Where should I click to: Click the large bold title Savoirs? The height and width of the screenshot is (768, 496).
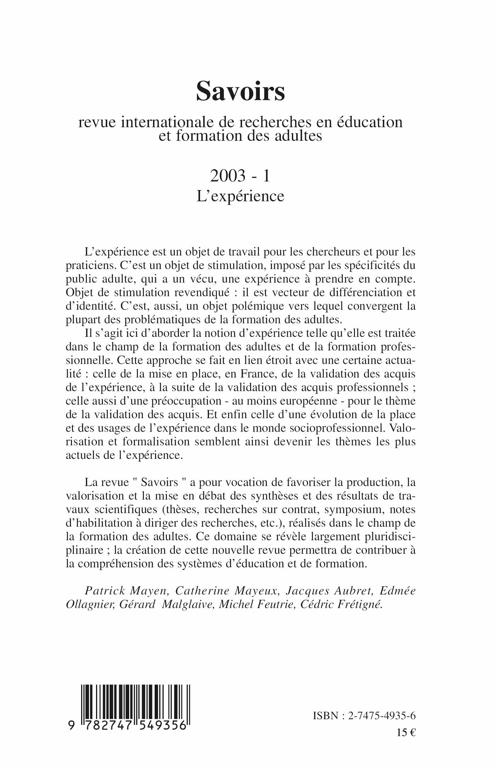(241, 91)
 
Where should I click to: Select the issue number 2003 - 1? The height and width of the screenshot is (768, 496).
(241, 176)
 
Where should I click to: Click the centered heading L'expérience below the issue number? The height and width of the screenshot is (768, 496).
(241, 196)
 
